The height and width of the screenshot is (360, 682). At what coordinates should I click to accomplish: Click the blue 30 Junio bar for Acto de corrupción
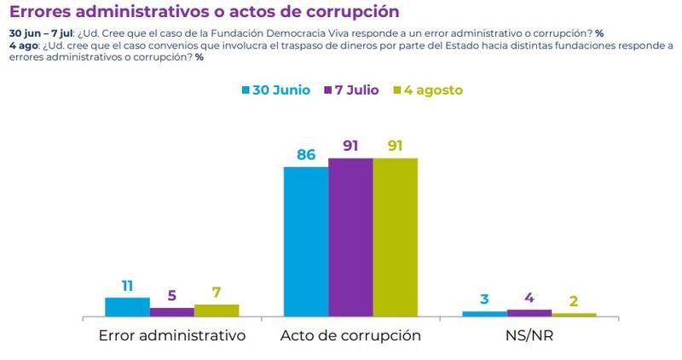(x=305, y=241)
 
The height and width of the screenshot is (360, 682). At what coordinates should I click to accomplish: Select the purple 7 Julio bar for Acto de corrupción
(x=350, y=237)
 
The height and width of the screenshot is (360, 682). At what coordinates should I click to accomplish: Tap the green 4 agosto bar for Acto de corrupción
(x=396, y=237)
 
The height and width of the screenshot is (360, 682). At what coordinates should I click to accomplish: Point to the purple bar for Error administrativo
(x=172, y=312)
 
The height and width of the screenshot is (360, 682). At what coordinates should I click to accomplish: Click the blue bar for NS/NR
(x=484, y=314)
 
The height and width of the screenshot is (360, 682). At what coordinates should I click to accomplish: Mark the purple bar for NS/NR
(x=529, y=313)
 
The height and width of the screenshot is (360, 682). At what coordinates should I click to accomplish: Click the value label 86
(x=306, y=154)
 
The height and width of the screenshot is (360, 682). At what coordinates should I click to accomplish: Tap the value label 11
(x=127, y=286)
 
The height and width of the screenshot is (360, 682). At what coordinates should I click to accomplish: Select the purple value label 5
(x=172, y=296)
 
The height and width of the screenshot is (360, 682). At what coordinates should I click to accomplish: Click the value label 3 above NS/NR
(x=484, y=299)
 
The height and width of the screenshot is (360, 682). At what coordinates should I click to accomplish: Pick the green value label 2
(x=574, y=301)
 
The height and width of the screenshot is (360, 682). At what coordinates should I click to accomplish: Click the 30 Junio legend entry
(x=275, y=90)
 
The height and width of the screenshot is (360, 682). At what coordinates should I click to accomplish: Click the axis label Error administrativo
(x=172, y=335)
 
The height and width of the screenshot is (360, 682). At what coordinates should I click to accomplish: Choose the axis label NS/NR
(x=529, y=335)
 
